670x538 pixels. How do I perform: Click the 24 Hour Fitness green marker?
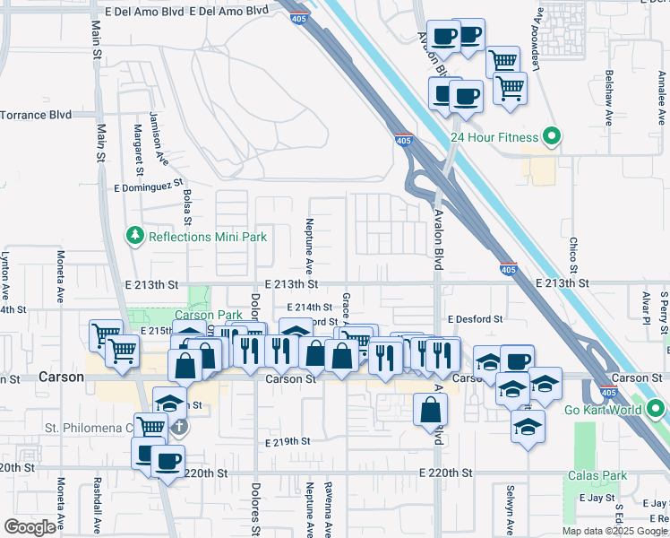(553, 137)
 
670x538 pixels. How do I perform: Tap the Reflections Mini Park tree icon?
(135, 236)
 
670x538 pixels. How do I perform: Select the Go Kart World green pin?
(656, 410)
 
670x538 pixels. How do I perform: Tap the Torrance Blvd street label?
(36, 115)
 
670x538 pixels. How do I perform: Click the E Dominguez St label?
(149, 187)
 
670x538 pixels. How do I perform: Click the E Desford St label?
(477, 318)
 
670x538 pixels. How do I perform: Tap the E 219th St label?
(288, 441)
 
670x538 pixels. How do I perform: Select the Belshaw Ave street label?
(609, 97)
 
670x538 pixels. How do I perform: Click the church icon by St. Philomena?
(179, 427)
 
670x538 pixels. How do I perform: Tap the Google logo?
(30, 527)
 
